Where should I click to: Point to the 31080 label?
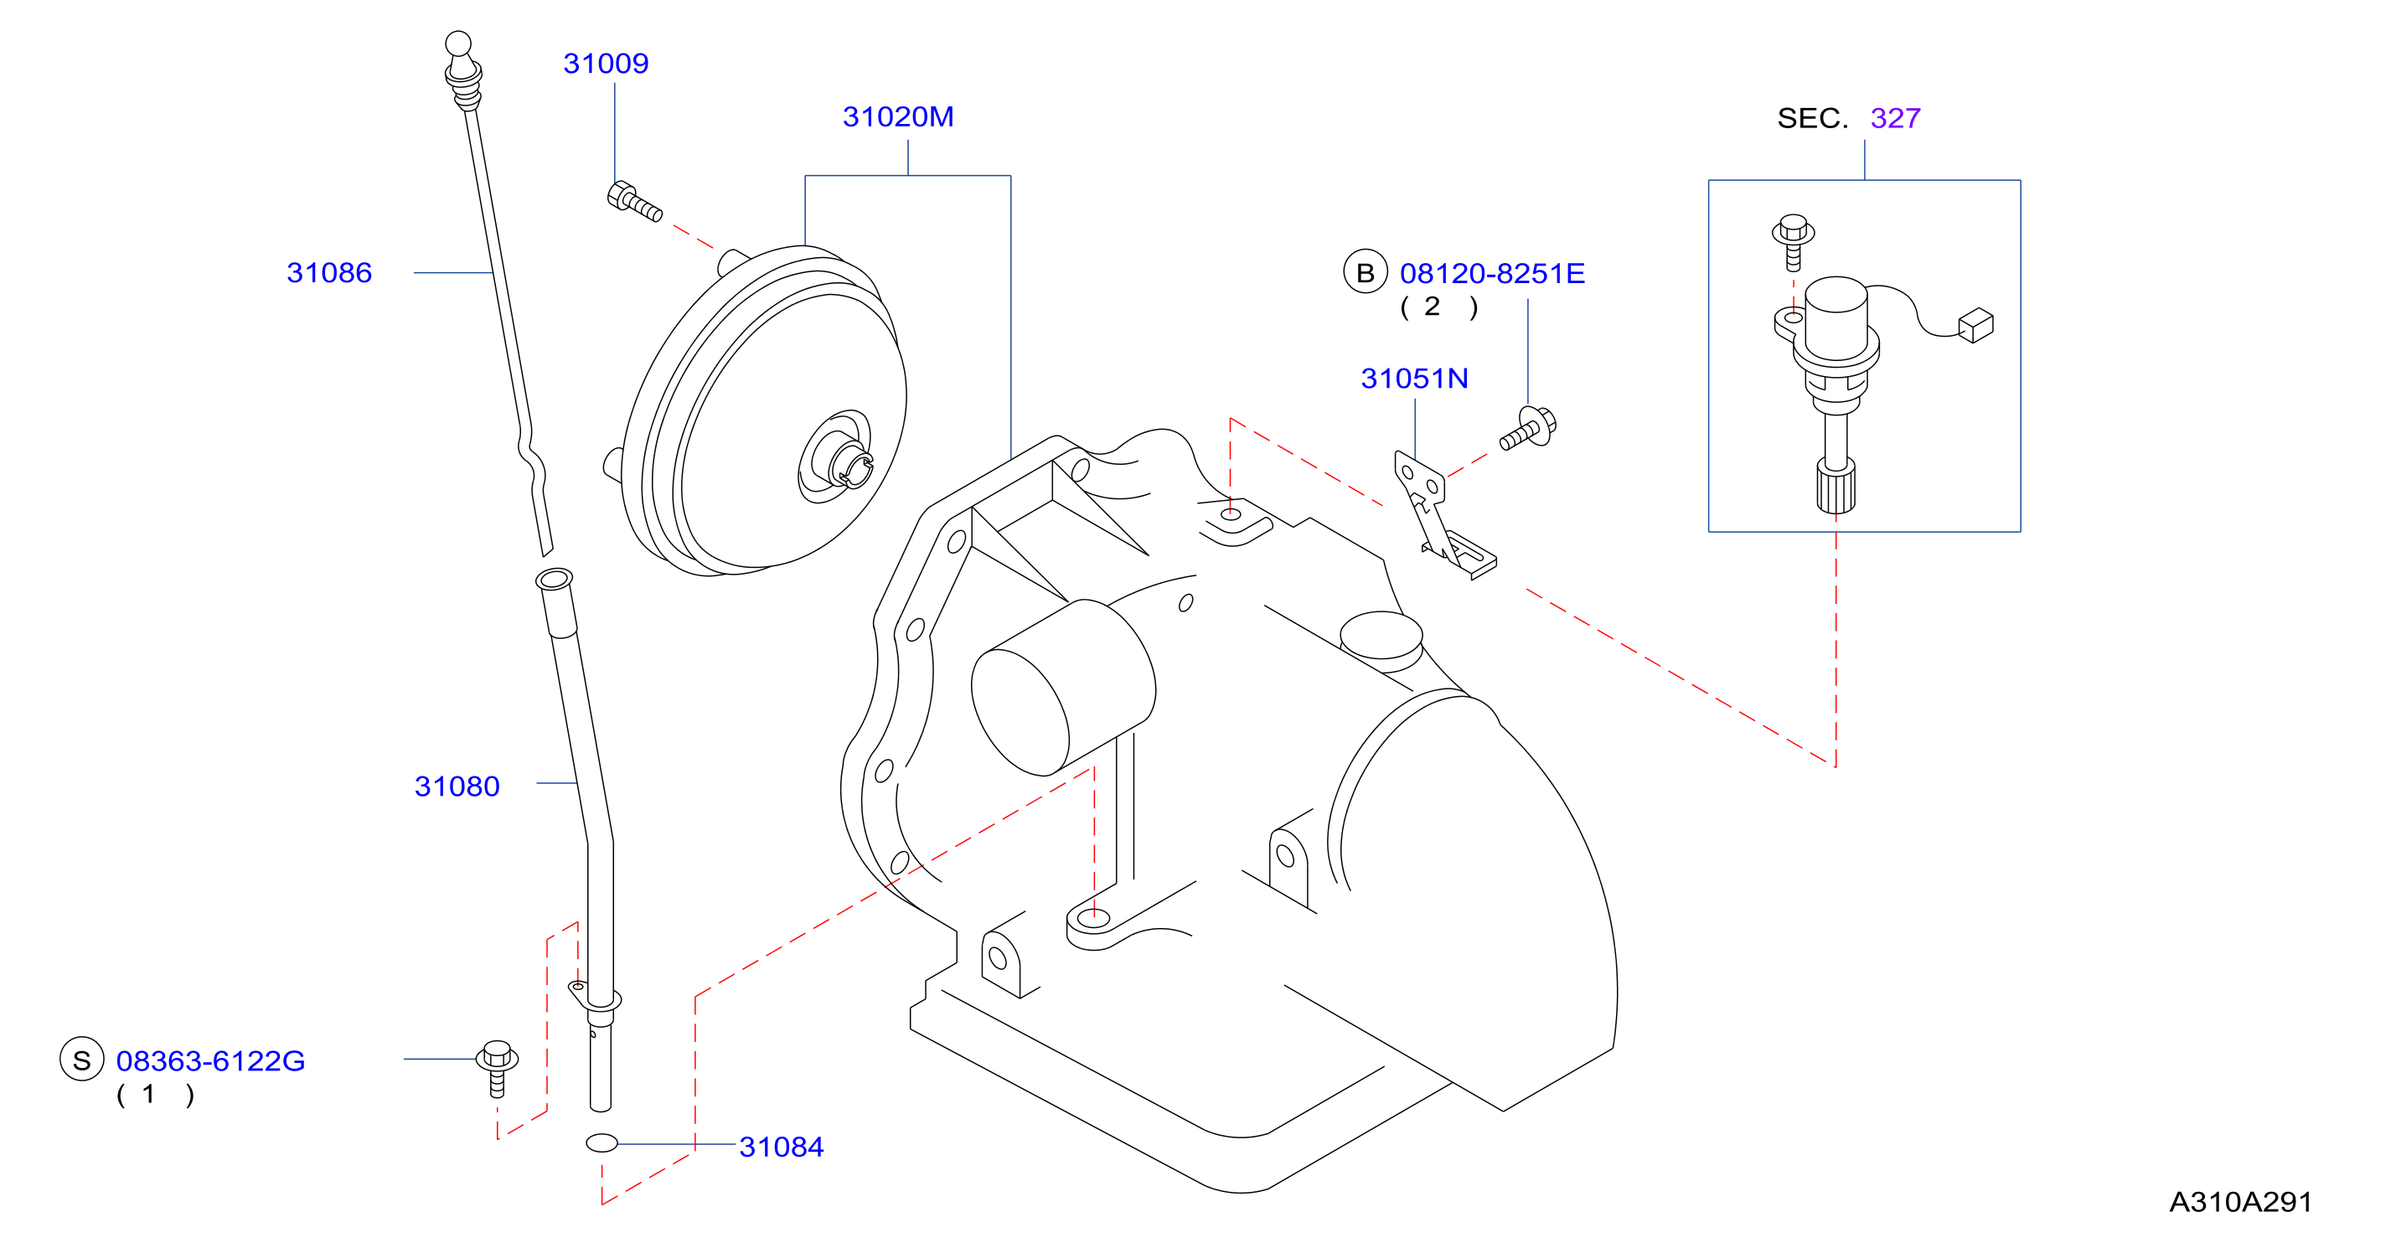(x=457, y=787)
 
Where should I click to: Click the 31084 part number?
(x=781, y=1147)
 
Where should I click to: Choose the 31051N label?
(x=1414, y=379)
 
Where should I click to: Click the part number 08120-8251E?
(x=1492, y=274)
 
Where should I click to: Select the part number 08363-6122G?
(x=210, y=1061)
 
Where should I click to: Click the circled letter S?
(x=82, y=1060)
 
